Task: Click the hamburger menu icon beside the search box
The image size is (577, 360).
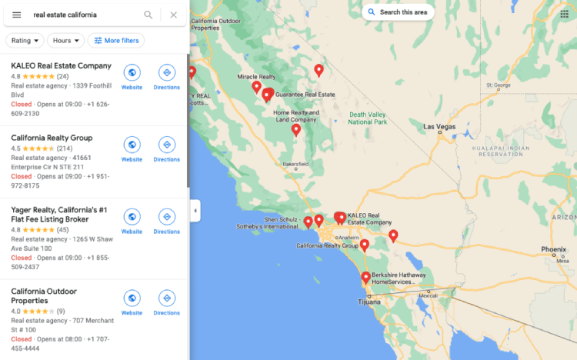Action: pos(16,15)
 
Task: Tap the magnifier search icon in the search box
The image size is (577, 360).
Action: pos(148,15)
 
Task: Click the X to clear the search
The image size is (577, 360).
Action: pos(173,15)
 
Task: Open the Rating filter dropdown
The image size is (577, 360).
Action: pos(25,40)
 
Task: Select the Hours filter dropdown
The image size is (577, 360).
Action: pos(65,40)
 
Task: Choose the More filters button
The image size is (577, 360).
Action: pos(116,40)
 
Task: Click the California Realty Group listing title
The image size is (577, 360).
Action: pos(52,138)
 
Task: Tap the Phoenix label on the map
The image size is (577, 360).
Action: pos(553,248)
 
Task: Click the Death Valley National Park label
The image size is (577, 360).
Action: pos(367,118)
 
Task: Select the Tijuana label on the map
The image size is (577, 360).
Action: pos(370,302)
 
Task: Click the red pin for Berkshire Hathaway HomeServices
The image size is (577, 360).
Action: pos(365,277)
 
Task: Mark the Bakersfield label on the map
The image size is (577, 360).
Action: pos(295,164)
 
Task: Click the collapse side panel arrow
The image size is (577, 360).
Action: pos(195,211)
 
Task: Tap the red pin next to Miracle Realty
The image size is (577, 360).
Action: pos(257,86)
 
